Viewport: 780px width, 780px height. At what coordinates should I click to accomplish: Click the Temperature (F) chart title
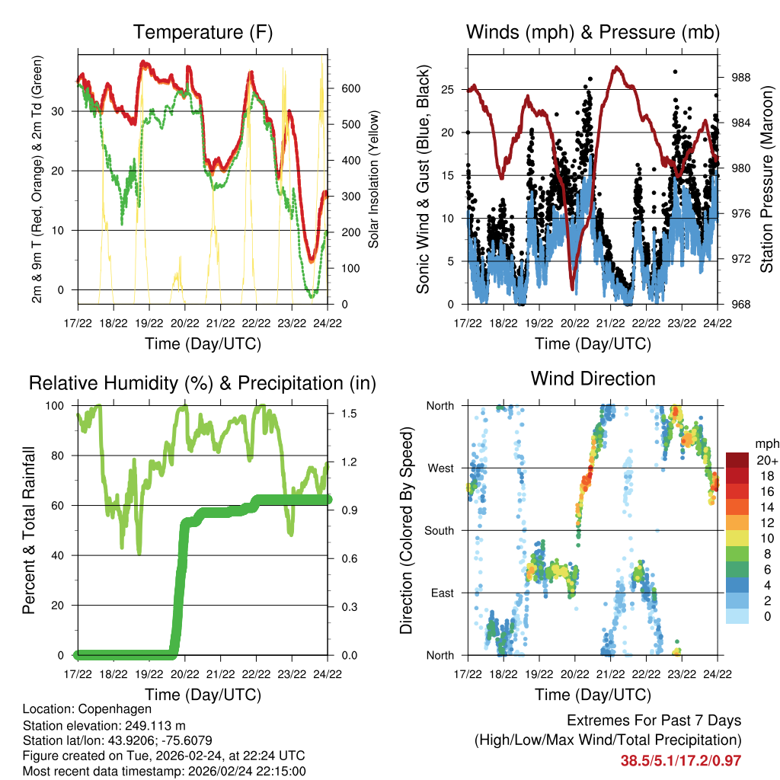click(x=203, y=32)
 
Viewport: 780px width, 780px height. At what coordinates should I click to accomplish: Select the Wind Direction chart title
click(x=593, y=379)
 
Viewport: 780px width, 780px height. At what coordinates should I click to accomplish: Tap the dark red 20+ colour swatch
click(x=738, y=460)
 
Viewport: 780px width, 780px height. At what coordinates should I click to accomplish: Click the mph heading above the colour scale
click(x=766, y=443)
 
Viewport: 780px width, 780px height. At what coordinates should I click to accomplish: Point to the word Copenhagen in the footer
click(x=117, y=708)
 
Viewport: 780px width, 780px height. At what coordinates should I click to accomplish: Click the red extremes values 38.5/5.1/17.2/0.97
click(x=681, y=760)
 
